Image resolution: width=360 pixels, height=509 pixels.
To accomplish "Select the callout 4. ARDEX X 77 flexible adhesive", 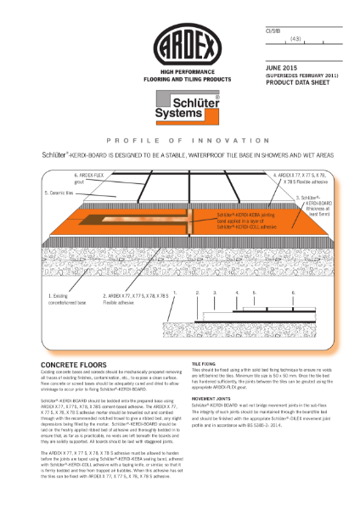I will click(x=293, y=180).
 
